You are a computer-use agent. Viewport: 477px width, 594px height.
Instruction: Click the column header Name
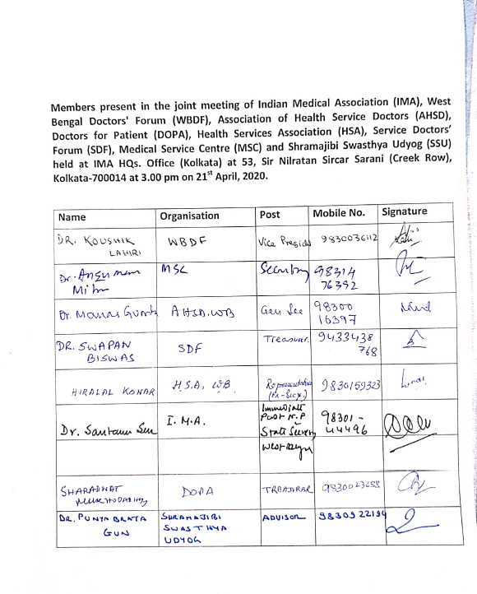point(72,217)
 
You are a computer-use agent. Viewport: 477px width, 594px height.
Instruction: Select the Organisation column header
point(189,216)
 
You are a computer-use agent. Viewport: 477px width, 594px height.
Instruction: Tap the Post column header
point(270,215)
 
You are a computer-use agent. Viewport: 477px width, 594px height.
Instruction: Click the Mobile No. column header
point(339,213)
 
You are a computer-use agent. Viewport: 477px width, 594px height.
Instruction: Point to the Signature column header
point(405,212)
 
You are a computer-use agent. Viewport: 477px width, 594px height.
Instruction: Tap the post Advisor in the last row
point(283,519)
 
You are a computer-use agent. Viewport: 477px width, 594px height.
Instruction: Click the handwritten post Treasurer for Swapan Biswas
point(285,339)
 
